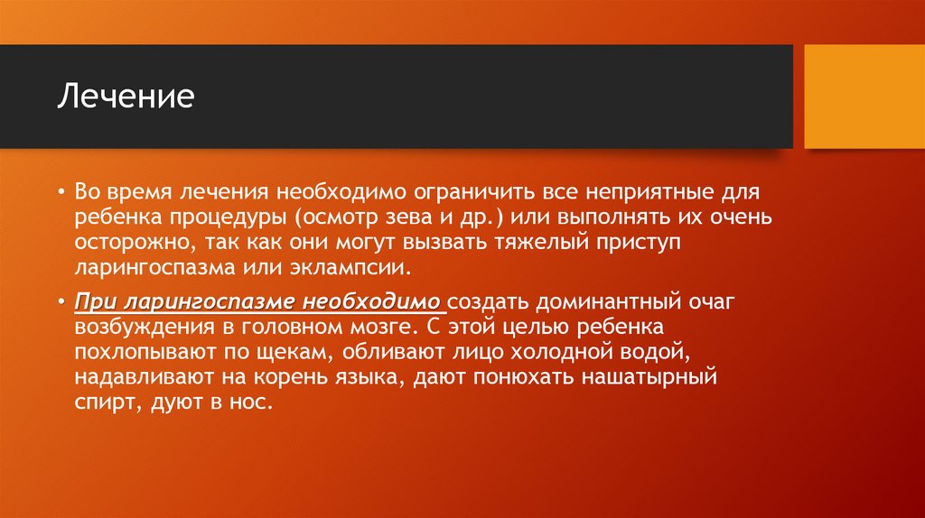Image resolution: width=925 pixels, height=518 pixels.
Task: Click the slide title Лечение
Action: [x=126, y=96]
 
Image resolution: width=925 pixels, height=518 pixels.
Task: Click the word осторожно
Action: [x=123, y=244]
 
